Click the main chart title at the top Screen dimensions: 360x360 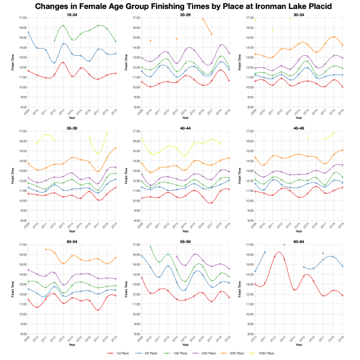180,6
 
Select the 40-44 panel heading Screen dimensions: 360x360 184,128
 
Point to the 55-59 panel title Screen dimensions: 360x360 184,241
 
